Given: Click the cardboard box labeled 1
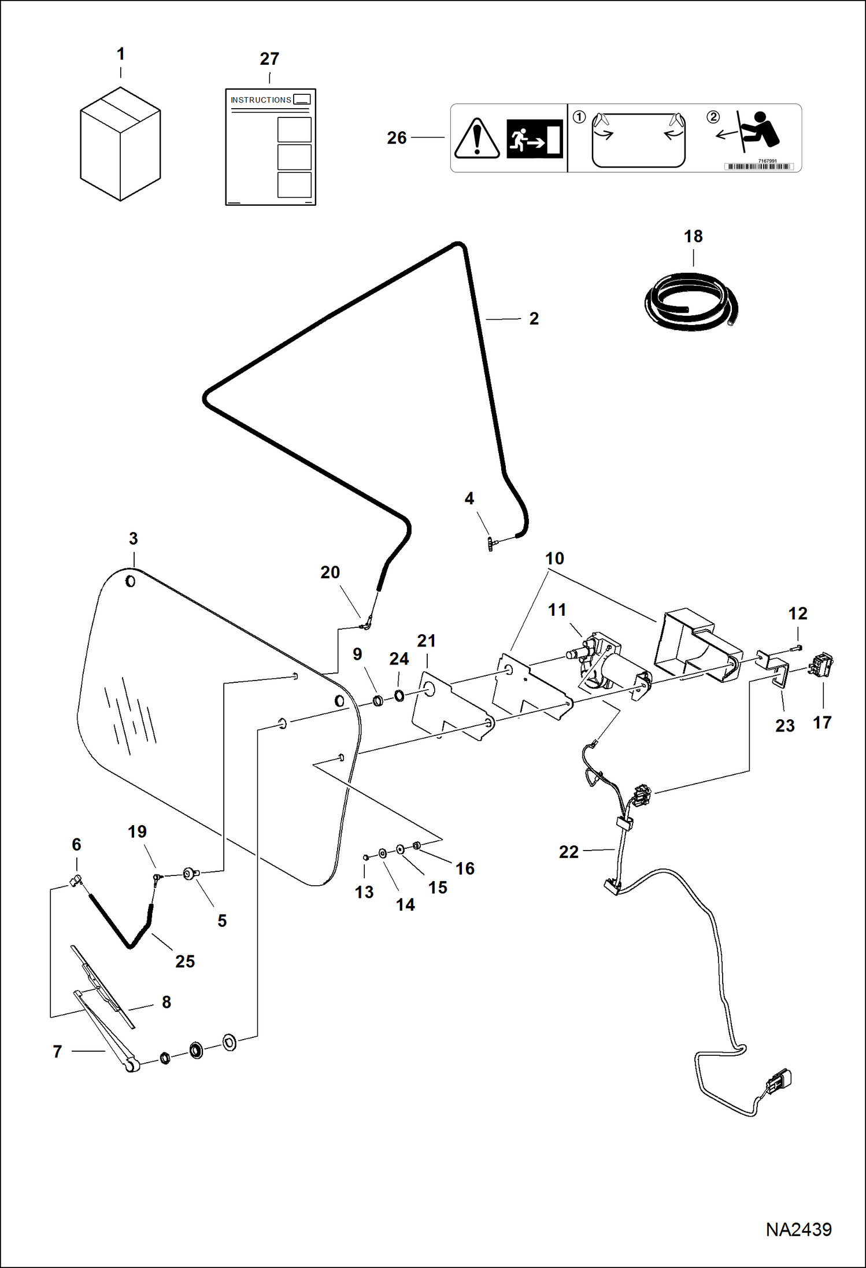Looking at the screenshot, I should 120,145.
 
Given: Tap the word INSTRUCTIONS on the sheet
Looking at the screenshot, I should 261,100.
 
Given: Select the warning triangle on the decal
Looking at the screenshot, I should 477,139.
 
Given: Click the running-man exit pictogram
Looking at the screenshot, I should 534,139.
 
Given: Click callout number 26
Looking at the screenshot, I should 397,138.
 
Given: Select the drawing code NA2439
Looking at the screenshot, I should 798,1229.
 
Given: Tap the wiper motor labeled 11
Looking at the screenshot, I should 607,665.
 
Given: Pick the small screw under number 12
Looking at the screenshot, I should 798,648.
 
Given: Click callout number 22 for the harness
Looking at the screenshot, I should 568,852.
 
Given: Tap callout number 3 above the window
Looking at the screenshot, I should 134,539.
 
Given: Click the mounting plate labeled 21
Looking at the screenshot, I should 451,705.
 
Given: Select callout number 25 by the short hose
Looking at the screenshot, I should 185,962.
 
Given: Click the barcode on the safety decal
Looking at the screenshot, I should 758,167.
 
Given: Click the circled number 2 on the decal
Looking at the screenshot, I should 713,117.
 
